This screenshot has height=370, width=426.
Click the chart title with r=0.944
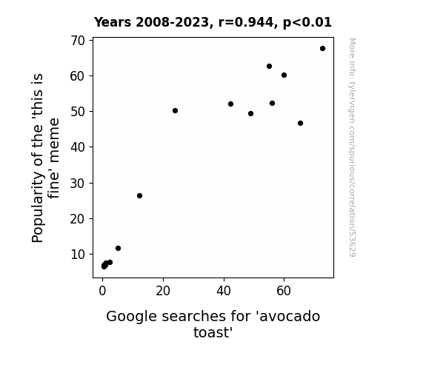213,22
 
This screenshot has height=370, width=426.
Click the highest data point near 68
322,49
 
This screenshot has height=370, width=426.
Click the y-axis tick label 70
78,41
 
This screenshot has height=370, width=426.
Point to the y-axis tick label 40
78,147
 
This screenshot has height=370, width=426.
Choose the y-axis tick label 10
78,255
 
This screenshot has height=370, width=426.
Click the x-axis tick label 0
102,291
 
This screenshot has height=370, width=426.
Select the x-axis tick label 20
163,291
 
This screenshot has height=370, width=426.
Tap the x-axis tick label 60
284,291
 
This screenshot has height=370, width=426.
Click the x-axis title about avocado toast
213,324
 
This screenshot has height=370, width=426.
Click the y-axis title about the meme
45,158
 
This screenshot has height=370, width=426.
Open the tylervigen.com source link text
352,147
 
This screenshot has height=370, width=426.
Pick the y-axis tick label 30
78,184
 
